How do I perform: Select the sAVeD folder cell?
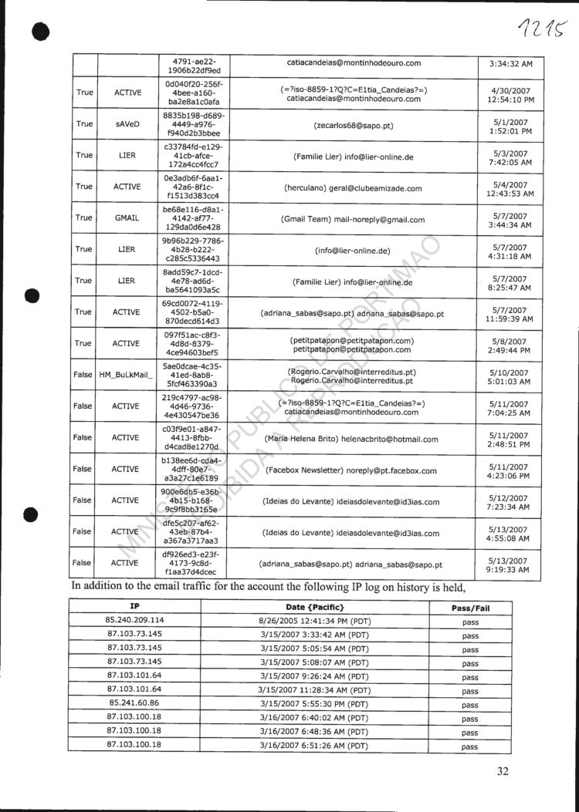click(127, 123)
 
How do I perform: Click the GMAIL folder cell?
click(127, 218)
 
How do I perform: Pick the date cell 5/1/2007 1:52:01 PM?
click(510, 124)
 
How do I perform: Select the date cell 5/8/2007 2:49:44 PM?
click(510, 345)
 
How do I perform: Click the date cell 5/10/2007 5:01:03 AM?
click(510, 376)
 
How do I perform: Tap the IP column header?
click(134, 607)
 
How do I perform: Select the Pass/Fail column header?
click(470, 608)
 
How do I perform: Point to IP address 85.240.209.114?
click(134, 620)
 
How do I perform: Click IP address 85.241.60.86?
click(134, 704)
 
